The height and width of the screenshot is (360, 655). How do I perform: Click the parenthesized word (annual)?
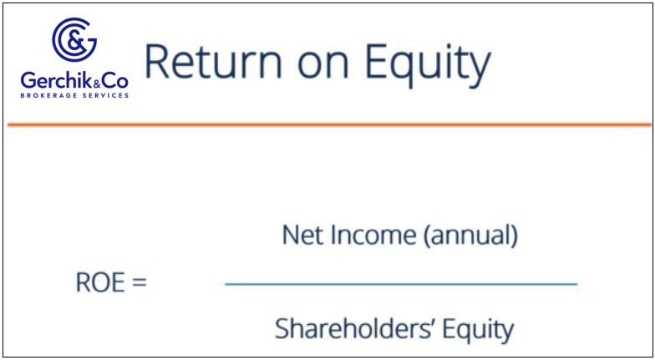tap(471, 236)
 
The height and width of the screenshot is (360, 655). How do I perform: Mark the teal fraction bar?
tap(401, 284)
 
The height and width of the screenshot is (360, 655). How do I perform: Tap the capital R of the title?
tap(157, 62)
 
